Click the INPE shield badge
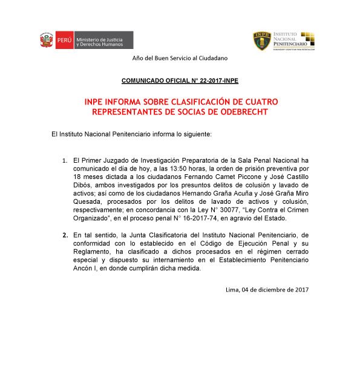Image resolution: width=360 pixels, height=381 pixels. pyautogui.click(x=262, y=41)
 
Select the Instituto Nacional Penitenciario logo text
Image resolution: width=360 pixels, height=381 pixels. pyautogui.click(x=295, y=37)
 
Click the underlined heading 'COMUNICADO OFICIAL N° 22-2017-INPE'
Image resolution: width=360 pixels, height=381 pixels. pyautogui.click(x=180, y=79)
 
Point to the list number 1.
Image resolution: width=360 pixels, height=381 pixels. pyautogui.click(x=65, y=160)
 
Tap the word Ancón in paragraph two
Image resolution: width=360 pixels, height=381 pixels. pyautogui.click(x=84, y=273)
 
